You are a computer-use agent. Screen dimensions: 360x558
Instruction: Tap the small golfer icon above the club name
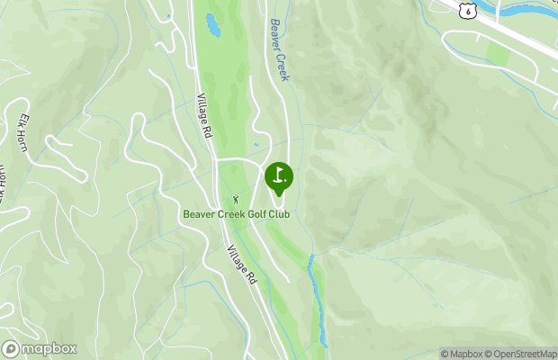point(237,199)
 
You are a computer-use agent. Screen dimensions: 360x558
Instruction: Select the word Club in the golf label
point(299,214)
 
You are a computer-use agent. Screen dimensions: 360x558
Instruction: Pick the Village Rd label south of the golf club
point(243,265)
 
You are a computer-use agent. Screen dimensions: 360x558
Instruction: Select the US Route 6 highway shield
point(466,9)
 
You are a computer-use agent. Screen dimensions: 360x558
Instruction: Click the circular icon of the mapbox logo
point(12,349)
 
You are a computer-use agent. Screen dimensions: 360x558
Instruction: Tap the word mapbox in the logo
point(49,349)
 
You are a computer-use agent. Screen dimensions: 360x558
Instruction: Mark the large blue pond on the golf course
point(213,25)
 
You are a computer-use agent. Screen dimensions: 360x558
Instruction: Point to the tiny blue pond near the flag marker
point(256,144)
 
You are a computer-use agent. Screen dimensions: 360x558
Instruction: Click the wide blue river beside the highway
point(531,11)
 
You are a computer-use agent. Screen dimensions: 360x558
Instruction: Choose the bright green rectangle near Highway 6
point(498,56)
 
